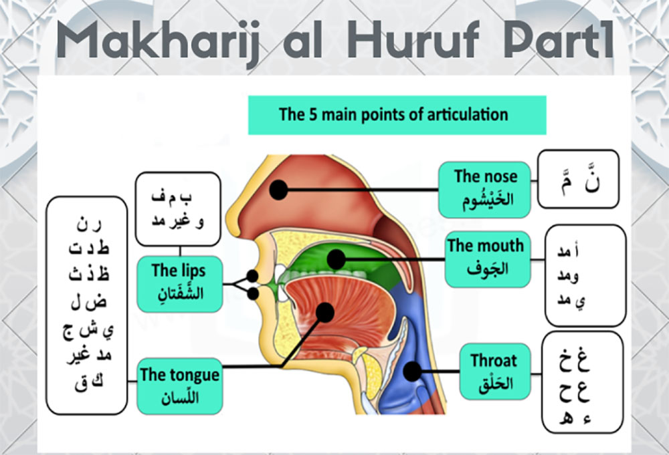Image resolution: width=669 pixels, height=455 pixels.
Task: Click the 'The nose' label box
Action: tap(484, 190)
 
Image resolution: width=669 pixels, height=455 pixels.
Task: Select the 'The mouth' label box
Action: tap(488, 259)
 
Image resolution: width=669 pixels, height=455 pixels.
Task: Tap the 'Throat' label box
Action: tap(495, 371)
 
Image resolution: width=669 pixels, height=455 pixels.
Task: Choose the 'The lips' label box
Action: tap(179, 284)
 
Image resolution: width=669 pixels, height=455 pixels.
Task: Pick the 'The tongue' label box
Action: tap(179, 386)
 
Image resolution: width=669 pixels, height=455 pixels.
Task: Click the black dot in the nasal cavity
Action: tap(278, 190)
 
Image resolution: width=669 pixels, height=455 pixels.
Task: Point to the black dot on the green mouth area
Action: tap(337, 259)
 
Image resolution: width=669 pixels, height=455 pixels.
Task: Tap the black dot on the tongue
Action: tap(325, 312)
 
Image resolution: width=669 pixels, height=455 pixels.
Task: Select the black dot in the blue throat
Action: tap(413, 371)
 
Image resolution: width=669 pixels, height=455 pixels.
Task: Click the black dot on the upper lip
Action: tap(252, 276)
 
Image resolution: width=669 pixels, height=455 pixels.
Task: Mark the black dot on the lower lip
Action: tap(253, 293)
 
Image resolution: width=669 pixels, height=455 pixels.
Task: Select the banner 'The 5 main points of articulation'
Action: tap(397, 115)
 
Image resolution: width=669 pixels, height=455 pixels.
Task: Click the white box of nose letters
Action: tap(578, 179)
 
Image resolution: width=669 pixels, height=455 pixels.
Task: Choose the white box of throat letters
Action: tap(583, 382)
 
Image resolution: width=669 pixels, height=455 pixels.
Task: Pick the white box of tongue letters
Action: tap(86, 305)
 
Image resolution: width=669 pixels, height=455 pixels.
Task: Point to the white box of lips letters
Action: tap(178, 209)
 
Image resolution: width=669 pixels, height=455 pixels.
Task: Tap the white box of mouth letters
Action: tap(585, 276)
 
